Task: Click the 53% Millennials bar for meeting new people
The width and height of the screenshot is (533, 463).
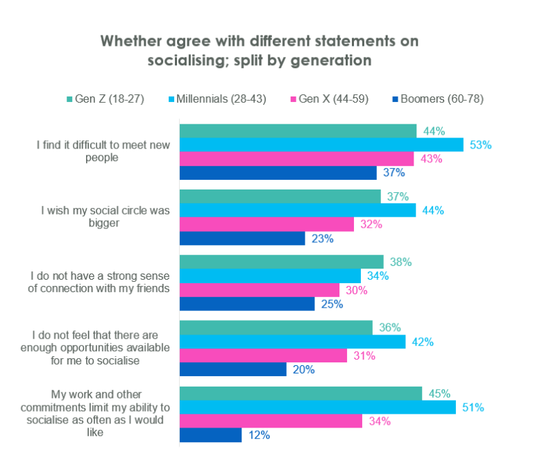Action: point(321,144)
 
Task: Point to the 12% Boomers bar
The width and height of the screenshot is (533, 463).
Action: point(210,435)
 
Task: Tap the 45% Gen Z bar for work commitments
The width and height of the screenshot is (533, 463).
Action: point(301,394)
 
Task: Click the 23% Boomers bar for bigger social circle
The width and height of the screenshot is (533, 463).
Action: point(242,238)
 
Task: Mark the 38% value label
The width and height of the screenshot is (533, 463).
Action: point(400,262)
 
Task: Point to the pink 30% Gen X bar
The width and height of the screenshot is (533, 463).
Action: point(260,290)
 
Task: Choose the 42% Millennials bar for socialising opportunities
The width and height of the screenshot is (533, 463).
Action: point(292,342)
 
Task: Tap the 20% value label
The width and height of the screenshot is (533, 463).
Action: point(303,370)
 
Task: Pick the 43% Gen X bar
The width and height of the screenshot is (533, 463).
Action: point(296,159)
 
